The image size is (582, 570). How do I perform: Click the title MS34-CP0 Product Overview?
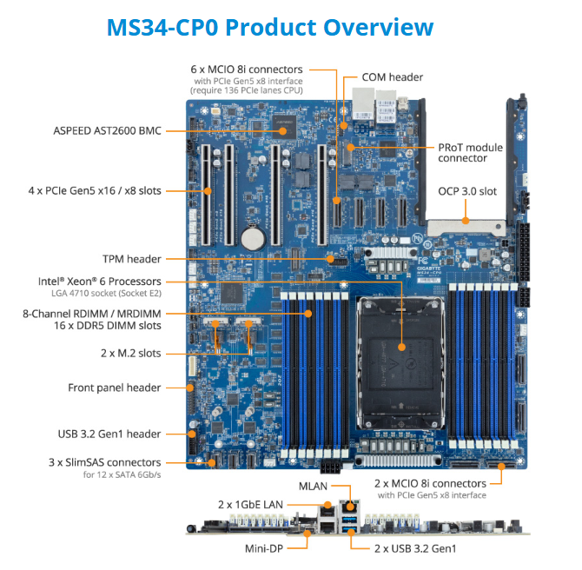[x=269, y=27]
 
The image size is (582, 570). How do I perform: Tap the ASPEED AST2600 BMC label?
[x=107, y=131]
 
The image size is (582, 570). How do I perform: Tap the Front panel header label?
[x=115, y=388]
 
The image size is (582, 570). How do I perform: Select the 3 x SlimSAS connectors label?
[x=105, y=462]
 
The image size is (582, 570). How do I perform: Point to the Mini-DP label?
[x=265, y=548]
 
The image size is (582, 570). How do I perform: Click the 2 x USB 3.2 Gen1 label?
[x=415, y=548]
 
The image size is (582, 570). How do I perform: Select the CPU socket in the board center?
[x=401, y=348]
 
